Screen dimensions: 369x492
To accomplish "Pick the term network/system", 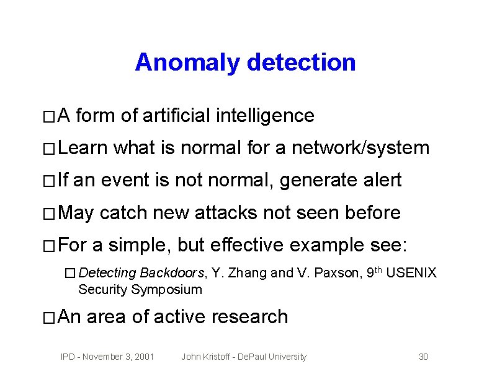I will coord(361,148).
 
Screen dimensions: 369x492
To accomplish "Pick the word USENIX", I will coord(411,273).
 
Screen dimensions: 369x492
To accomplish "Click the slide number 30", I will coord(424,357).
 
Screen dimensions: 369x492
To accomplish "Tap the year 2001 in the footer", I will coord(143,357).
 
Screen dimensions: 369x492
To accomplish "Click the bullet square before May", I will coord(50,214).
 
